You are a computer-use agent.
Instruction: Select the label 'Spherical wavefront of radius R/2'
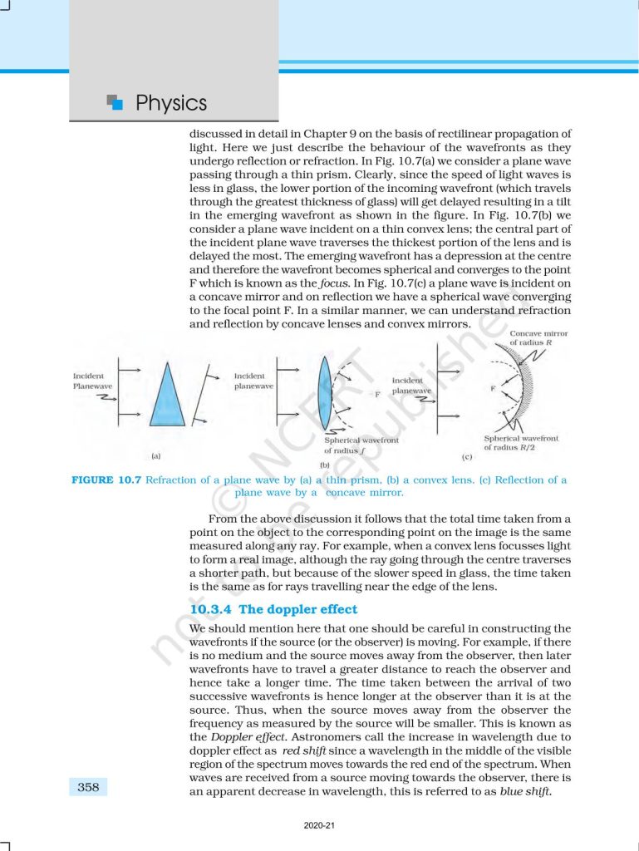521,443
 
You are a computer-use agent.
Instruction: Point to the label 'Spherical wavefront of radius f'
361,445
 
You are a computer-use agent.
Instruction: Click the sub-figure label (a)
155,455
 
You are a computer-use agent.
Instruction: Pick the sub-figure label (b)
325,465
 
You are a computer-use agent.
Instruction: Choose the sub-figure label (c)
467,457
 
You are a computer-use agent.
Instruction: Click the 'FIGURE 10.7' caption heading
106,480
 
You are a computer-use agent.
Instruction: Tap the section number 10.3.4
211,609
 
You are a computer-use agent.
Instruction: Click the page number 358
88,787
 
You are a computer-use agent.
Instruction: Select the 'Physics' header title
170,104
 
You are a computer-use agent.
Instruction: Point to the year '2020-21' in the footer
319,825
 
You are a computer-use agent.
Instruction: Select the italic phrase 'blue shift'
525,791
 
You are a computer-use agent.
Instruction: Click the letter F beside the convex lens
376,395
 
